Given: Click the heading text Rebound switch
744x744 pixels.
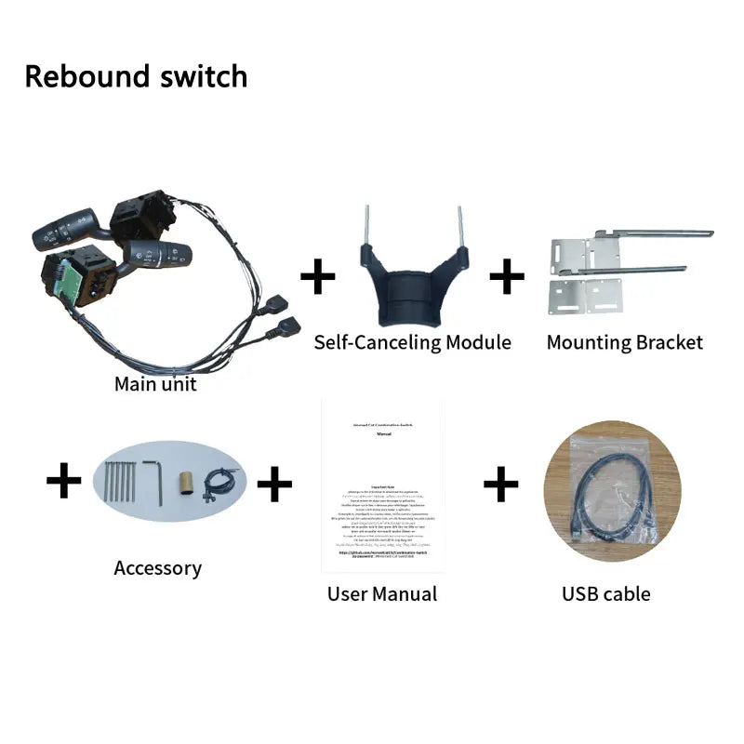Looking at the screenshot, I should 136,76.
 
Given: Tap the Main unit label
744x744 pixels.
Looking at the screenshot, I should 155,383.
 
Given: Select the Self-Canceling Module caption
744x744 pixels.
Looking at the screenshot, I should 412,342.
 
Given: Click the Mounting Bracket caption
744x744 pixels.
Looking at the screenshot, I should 624,342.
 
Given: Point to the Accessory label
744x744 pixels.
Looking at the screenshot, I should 157,567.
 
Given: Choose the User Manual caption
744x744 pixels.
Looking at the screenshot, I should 381,593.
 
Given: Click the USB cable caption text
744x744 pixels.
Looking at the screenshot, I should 605,593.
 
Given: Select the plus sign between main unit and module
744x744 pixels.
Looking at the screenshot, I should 318,276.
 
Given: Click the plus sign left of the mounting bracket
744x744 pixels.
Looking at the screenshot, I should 507,276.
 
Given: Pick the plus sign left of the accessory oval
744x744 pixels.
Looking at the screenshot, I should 63,482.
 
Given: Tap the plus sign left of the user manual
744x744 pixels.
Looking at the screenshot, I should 274,484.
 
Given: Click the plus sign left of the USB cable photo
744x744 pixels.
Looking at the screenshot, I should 500,484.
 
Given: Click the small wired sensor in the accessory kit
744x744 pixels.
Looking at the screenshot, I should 219,479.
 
